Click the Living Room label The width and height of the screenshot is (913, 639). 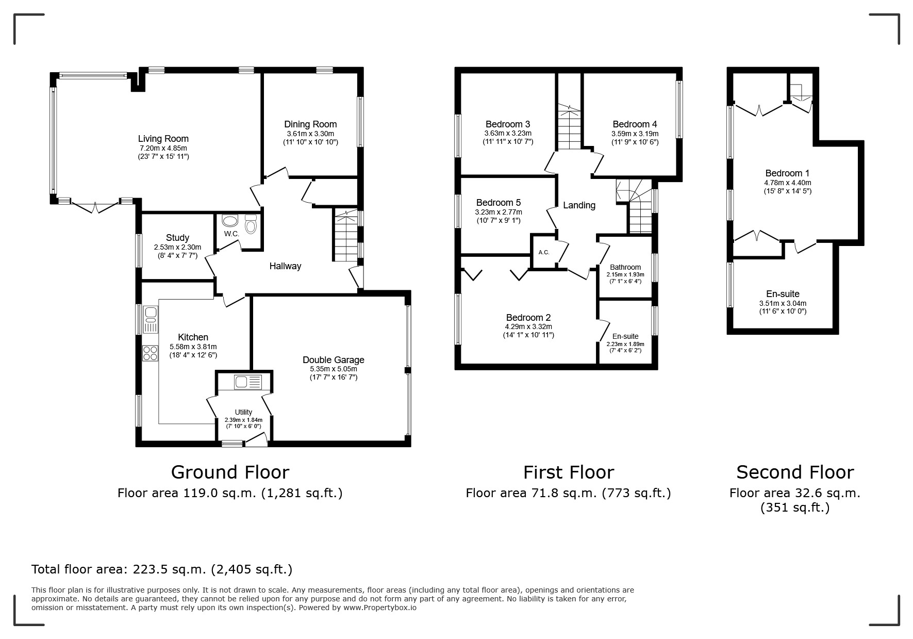click(x=163, y=139)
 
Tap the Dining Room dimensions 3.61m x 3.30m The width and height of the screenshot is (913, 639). click(x=311, y=134)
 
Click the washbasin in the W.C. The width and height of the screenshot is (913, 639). click(x=229, y=221)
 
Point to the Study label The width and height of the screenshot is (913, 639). click(x=177, y=238)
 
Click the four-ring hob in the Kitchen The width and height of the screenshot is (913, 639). click(x=150, y=353)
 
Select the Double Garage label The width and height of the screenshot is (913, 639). click(x=334, y=360)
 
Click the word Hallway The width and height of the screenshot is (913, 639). click(x=285, y=266)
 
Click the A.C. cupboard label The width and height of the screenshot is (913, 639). click(x=544, y=252)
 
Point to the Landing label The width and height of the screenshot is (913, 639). click(x=579, y=205)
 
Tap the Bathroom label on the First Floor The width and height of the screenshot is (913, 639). click(x=625, y=267)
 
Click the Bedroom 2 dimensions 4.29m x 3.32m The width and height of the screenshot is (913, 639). click(x=529, y=326)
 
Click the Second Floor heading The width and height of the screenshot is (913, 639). click(x=795, y=472)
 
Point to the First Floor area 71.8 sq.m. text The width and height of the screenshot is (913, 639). click(x=568, y=493)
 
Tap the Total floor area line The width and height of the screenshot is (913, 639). click(x=162, y=569)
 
